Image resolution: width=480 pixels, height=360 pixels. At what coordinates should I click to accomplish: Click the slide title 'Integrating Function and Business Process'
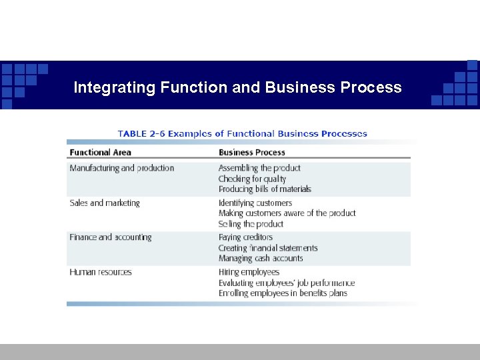237,87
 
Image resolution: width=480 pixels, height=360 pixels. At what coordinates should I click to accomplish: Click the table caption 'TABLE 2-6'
141,133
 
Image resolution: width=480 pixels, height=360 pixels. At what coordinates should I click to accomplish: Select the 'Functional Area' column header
100,153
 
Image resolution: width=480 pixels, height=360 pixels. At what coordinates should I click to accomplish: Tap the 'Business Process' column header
252,153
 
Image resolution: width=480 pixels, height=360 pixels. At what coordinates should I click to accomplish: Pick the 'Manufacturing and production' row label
121,168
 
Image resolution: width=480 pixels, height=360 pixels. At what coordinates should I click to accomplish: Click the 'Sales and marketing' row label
105,203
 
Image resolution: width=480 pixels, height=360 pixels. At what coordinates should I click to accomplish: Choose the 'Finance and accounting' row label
110,237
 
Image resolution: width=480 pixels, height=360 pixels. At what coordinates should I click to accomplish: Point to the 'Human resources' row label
101,272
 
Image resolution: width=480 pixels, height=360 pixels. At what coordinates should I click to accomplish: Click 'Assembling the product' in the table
259,168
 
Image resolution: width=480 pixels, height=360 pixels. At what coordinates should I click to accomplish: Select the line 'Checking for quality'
252,179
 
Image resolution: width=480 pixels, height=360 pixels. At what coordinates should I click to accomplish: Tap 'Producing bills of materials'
265,189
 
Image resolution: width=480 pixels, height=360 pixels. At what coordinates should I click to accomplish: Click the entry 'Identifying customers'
255,203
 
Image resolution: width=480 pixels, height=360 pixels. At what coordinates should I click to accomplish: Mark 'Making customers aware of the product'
287,213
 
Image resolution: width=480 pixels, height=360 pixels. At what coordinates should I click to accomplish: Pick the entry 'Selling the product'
251,224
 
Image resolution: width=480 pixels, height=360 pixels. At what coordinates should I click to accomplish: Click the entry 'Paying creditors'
245,237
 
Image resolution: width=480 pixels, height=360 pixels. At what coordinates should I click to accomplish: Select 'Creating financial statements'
268,248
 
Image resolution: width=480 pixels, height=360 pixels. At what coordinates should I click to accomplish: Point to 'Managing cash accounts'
261,258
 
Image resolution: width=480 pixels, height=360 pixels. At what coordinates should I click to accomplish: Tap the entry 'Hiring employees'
249,272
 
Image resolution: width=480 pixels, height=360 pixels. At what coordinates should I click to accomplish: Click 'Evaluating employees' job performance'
287,283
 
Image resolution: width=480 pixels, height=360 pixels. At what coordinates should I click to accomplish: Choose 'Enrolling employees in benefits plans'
283,293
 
